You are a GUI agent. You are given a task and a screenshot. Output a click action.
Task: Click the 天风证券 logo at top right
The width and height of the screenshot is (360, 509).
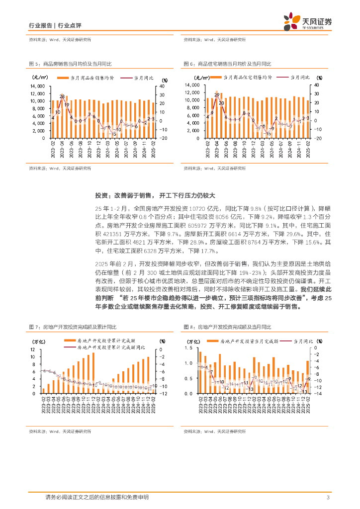click(307, 21)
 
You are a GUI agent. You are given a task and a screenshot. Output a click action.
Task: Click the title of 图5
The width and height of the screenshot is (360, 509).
click(70, 64)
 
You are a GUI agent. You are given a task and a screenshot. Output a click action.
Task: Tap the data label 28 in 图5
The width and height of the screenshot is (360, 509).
click(62, 96)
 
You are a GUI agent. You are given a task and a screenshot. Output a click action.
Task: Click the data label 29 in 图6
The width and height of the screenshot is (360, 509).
click(217, 95)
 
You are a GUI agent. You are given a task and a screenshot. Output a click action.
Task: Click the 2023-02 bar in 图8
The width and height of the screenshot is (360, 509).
click(200, 372)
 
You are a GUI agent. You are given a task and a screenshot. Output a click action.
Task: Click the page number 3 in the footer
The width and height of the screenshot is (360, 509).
click(328, 498)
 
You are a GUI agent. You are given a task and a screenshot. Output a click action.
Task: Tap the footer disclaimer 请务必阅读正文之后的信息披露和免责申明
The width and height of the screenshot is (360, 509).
click(96, 498)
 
